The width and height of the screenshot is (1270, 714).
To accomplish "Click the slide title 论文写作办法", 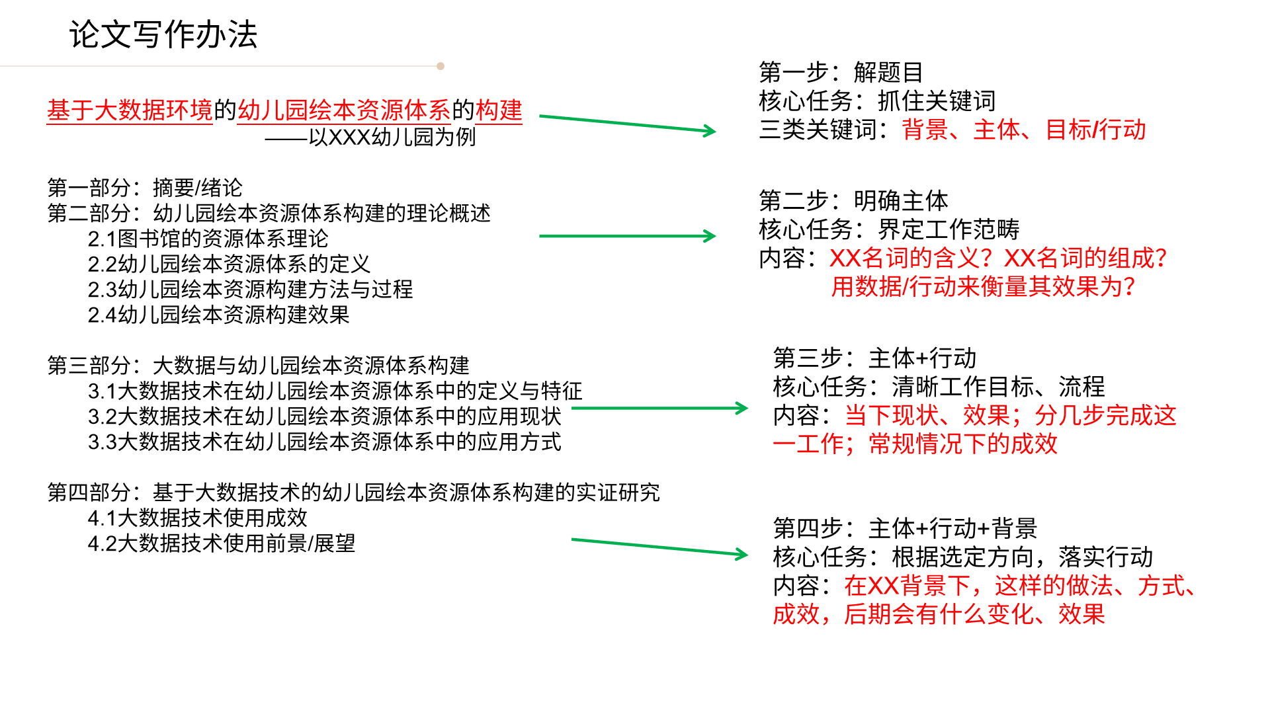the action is [163, 34].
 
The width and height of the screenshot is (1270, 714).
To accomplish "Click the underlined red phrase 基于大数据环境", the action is [130, 110].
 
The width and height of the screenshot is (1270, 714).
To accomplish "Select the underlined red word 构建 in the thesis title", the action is [499, 110].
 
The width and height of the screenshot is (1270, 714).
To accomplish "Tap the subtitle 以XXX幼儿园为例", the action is [392, 137].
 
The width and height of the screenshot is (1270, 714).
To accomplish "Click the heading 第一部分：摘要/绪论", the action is [145, 188].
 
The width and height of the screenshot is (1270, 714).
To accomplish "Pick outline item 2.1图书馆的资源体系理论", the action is [208, 239].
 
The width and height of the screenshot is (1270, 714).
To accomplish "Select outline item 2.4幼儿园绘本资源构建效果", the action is [218, 315].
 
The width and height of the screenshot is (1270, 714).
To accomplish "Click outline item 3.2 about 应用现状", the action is [324, 416].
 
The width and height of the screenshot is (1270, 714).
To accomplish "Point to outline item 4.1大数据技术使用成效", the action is [197, 518].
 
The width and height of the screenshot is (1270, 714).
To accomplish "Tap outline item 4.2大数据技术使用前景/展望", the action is [221, 543].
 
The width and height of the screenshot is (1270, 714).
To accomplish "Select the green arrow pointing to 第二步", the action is [628, 236].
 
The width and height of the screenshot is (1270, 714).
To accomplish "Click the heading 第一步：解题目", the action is [841, 72].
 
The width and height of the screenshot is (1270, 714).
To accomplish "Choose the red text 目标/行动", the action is [1095, 130].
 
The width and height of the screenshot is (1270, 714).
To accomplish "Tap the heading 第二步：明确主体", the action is [853, 200].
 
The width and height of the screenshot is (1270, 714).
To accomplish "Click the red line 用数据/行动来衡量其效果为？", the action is [983, 286].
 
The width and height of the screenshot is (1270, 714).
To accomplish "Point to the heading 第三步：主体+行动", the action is [874, 358].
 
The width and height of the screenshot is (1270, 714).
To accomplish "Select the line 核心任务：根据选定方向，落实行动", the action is [963, 557].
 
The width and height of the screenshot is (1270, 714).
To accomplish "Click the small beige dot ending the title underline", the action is [441, 66].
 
